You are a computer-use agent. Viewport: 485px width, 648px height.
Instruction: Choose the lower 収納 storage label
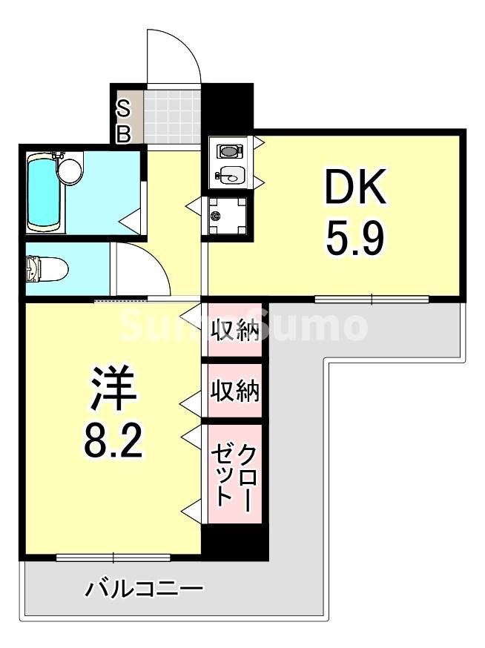(235, 390)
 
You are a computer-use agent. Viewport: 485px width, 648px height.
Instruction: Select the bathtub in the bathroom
(42, 191)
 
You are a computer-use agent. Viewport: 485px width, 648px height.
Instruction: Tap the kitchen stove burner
(229, 151)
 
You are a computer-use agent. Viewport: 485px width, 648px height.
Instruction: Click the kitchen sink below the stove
(231, 176)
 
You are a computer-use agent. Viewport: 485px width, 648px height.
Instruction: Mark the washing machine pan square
(227, 216)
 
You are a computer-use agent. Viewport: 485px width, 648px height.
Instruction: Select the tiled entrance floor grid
(172, 116)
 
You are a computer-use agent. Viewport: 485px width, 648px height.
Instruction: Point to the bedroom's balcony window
(113, 557)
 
